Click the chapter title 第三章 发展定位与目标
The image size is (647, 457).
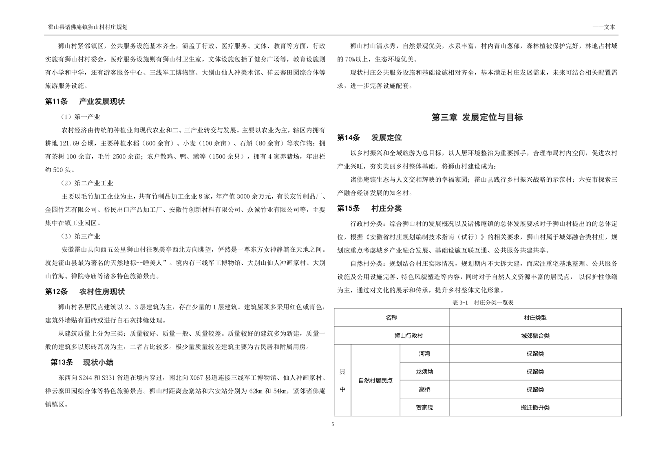coord(477,118)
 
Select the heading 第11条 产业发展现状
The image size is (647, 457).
coord(85,101)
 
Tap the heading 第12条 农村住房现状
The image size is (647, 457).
coord(85,292)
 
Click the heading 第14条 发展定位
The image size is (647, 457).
coord(369,138)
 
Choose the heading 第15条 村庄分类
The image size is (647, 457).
coord(369,209)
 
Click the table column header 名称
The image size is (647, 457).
coord(391,318)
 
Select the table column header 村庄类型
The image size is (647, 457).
coord(535,318)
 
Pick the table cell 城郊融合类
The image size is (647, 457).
coord(535,336)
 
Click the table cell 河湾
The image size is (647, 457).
coord(424,354)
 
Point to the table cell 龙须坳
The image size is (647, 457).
coord(424,371)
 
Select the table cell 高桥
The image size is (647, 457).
coord(424,389)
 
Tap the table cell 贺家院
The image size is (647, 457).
coord(424,407)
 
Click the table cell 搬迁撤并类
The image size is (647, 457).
coord(535,407)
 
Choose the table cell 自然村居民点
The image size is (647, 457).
coord(375,380)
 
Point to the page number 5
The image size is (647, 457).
coord(333,424)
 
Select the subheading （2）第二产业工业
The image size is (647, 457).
coord(87,183)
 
